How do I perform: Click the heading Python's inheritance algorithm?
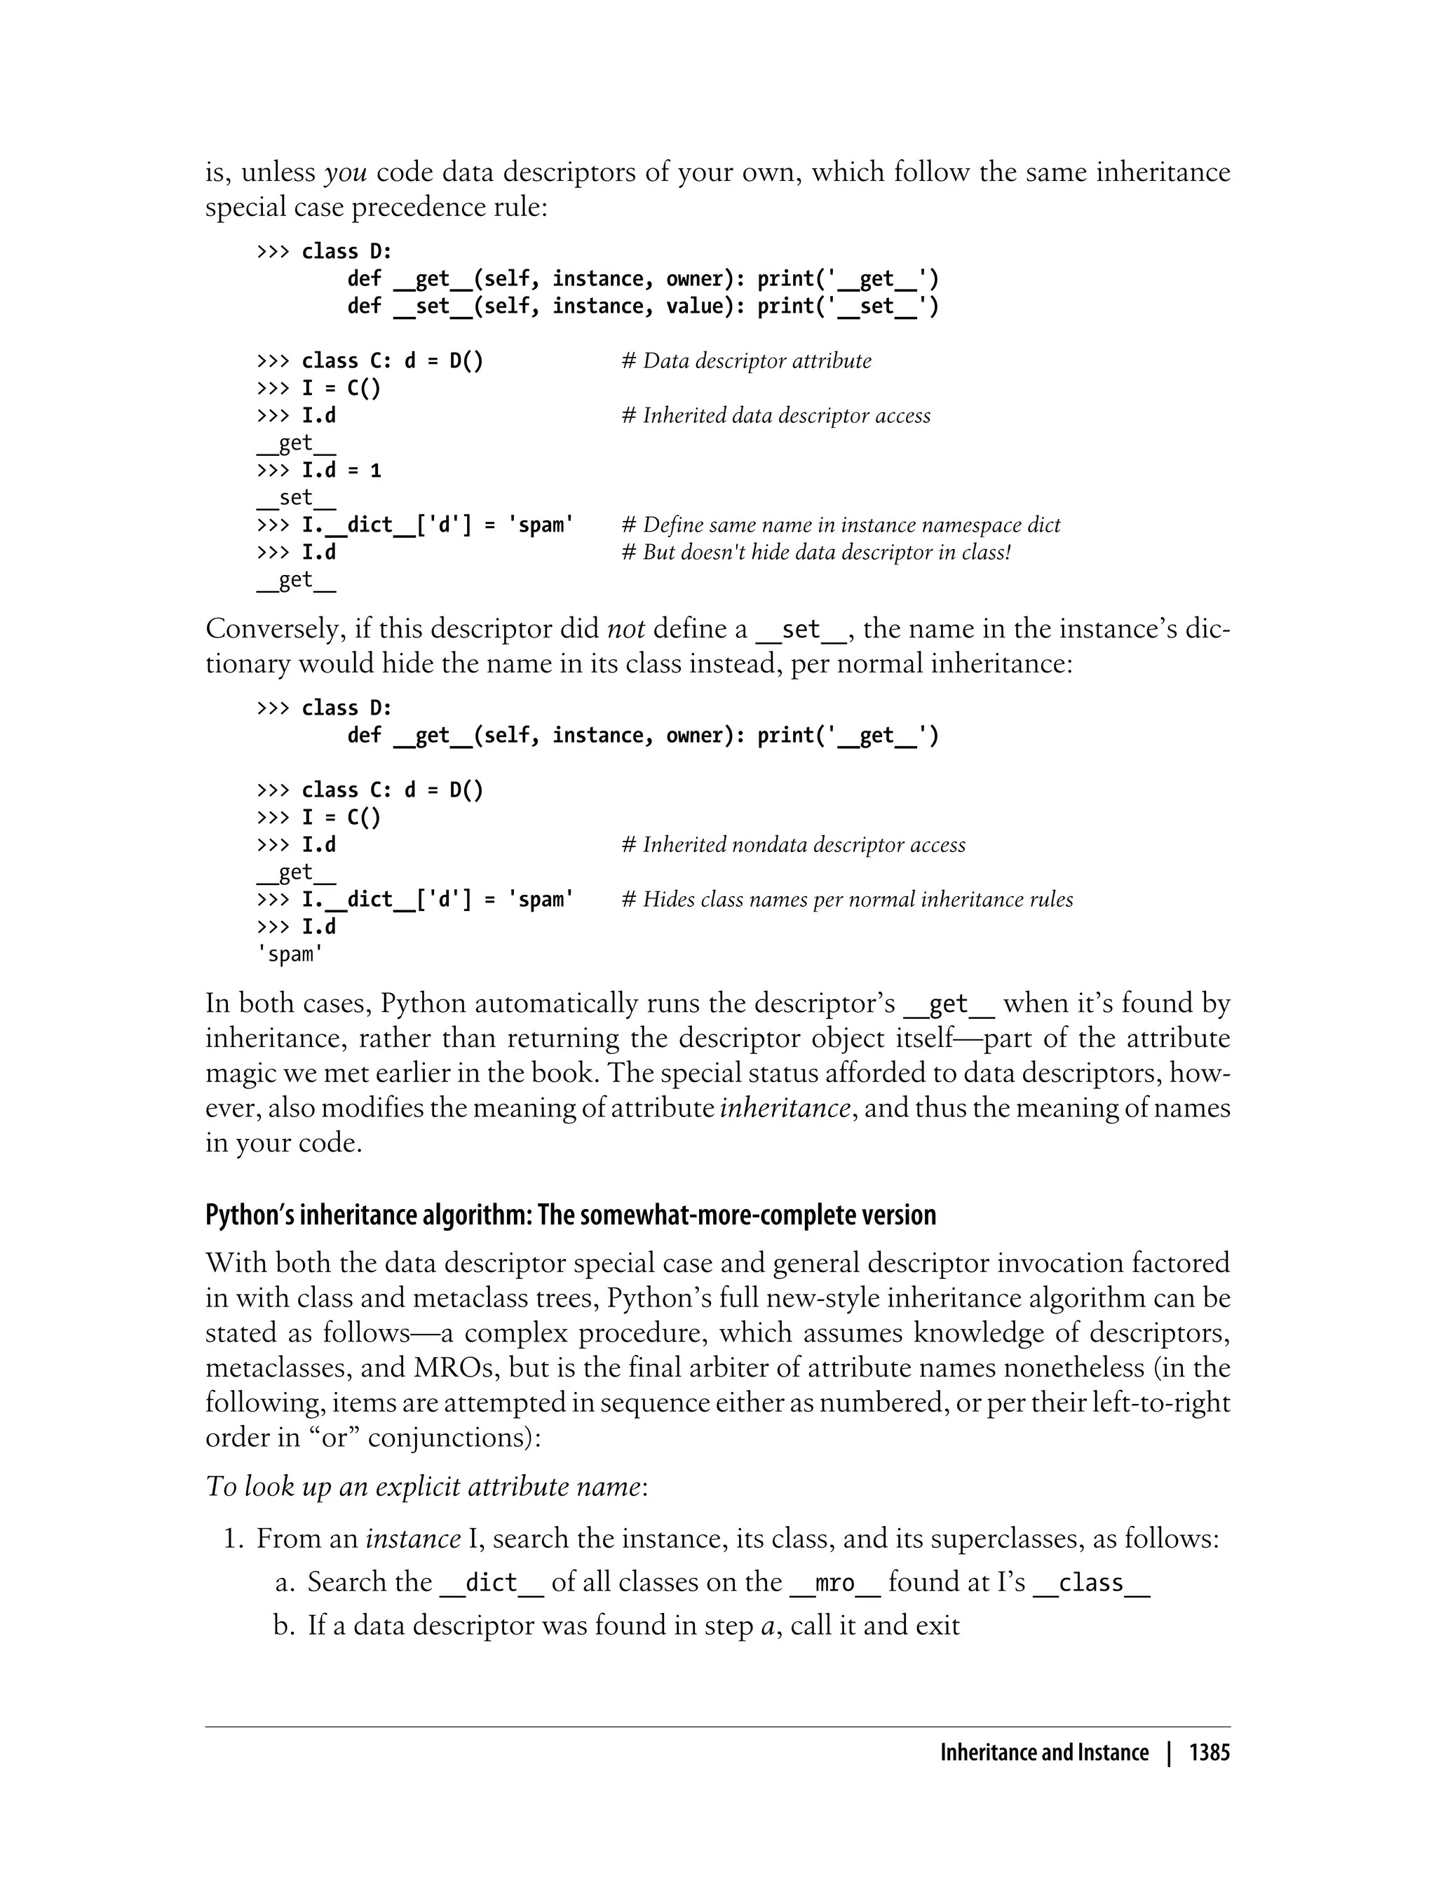point(570,1215)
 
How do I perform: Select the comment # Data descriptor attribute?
point(746,360)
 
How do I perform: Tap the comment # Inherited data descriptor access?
point(775,415)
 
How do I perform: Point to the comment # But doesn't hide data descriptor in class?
point(815,553)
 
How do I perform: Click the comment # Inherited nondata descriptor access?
point(793,844)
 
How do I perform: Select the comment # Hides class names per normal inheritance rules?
point(846,899)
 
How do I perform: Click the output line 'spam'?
point(290,954)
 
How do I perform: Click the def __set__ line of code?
point(642,306)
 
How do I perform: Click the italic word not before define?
point(625,629)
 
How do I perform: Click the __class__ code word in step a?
point(1091,1583)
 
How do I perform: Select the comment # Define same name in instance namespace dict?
point(840,525)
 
